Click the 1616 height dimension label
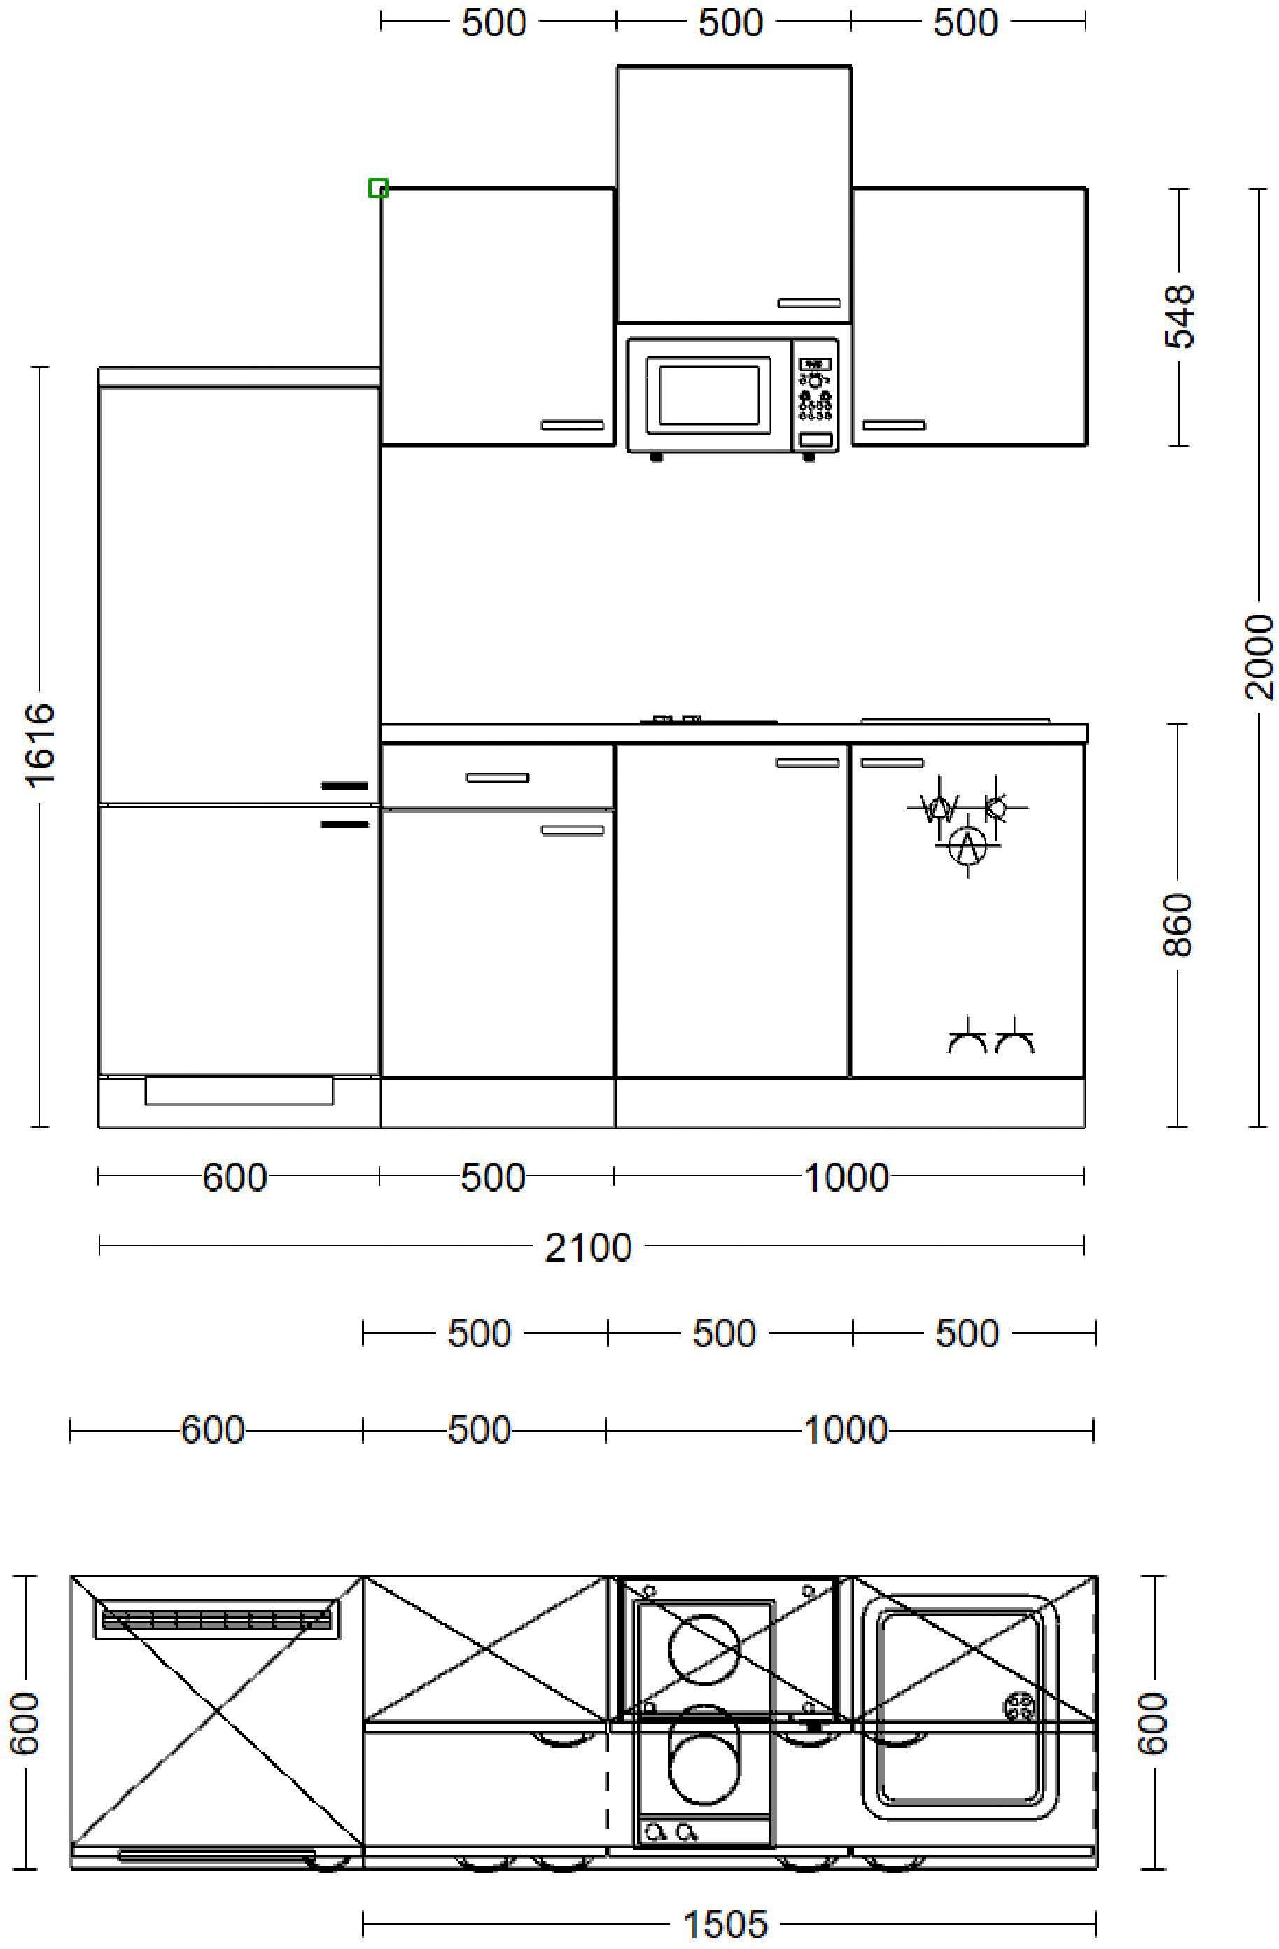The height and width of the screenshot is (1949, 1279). pyautogui.click(x=39, y=744)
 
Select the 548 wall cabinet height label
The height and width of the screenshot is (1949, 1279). pyautogui.click(x=1179, y=316)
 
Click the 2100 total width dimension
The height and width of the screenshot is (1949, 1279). pyautogui.click(x=589, y=1248)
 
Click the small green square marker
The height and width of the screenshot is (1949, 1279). pyautogui.click(x=377, y=188)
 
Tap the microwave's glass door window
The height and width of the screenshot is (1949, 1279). pyautogui.click(x=709, y=395)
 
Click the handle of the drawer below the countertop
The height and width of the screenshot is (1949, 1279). pyautogui.click(x=498, y=777)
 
